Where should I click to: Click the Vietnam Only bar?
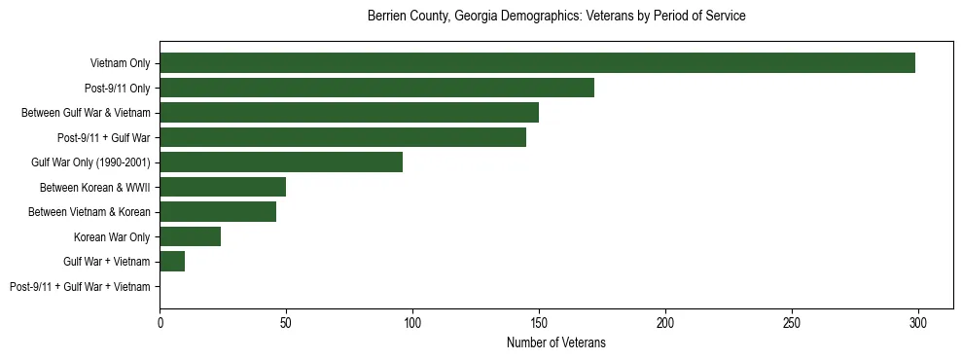tap(537, 63)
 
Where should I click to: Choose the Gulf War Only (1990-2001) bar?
tap(281, 162)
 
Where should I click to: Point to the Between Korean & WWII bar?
tap(223, 187)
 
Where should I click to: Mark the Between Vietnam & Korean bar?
tap(218, 212)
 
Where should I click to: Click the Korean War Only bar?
tap(190, 236)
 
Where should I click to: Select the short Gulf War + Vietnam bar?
tap(172, 262)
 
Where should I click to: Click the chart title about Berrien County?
tap(556, 17)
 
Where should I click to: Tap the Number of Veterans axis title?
tap(556, 343)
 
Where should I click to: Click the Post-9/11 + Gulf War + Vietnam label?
tap(80, 287)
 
